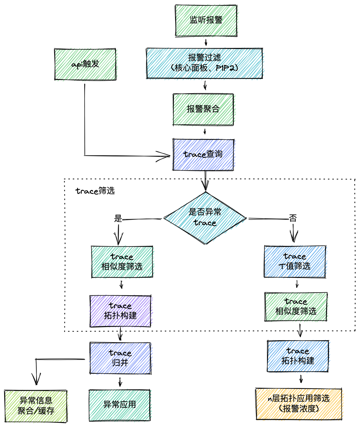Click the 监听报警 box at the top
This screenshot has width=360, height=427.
point(206,20)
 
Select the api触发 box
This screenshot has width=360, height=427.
point(85,64)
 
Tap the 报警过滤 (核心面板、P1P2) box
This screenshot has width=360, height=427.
point(204,63)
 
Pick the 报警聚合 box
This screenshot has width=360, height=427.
point(203,109)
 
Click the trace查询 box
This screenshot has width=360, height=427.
point(203,155)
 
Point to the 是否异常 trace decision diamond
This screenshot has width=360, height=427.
point(205,218)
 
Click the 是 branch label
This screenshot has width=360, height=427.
point(118,219)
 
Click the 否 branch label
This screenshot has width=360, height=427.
point(293,219)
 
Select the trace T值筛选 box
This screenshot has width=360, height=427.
point(295,262)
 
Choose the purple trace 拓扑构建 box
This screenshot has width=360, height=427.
point(120,311)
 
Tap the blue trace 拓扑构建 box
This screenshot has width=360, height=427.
point(298,356)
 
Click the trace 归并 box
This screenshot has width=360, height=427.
point(120,358)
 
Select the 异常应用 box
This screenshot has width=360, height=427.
point(119,405)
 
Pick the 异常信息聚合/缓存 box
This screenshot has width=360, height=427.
point(36,406)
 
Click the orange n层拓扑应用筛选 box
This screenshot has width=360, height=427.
point(299,404)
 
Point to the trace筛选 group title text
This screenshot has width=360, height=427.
point(95,191)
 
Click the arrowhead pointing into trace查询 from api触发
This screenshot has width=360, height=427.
point(165,156)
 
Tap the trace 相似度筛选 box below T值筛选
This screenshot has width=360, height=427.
point(296,307)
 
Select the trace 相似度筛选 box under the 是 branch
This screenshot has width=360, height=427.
point(122,262)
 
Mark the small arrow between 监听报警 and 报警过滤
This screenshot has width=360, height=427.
point(206,42)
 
